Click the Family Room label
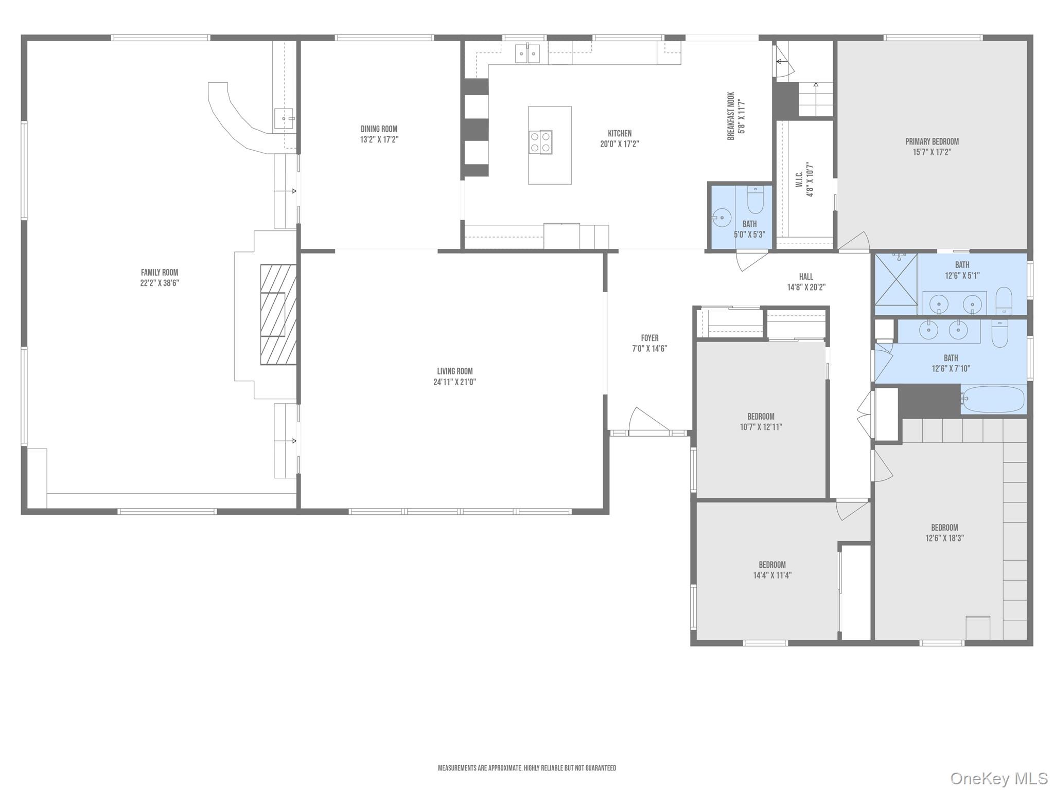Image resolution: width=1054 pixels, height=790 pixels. pos(160,273)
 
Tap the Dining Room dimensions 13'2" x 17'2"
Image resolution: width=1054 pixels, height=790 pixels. pos(379,139)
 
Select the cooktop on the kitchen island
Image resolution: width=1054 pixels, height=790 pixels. pos(540,142)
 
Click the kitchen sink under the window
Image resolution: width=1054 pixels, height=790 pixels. pos(528,53)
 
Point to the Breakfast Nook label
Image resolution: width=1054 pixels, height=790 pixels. pos(731,116)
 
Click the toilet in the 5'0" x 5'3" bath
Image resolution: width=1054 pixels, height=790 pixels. pos(755,200)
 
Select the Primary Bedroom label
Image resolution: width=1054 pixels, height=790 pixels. pos(932,141)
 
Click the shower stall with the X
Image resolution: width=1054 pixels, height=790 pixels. pos(896,283)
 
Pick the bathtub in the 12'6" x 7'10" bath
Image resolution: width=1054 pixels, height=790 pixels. pos(993,400)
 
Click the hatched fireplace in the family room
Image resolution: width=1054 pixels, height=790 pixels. pos(278,315)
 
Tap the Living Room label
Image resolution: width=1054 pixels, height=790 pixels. pos(454,371)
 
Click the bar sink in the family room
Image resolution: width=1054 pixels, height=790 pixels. pos(284,119)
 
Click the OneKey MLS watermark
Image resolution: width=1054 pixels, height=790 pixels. pos(998,778)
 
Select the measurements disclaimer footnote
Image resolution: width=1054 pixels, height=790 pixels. pos(526,768)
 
